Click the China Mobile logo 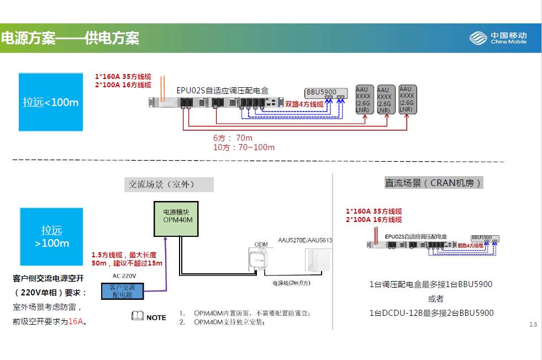coord(498,38)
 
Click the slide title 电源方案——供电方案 coord(70,38)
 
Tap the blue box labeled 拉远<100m coord(51,103)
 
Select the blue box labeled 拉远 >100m coord(51,236)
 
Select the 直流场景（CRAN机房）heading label coord(433,183)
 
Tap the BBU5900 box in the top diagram coord(325,93)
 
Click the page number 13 coord(533,324)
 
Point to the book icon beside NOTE coord(137,316)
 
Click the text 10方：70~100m coord(244,147)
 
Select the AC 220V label coord(124,276)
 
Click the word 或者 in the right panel coord(435,299)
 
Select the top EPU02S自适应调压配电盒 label coord(222,89)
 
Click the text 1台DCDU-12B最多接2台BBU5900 coord(431,313)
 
